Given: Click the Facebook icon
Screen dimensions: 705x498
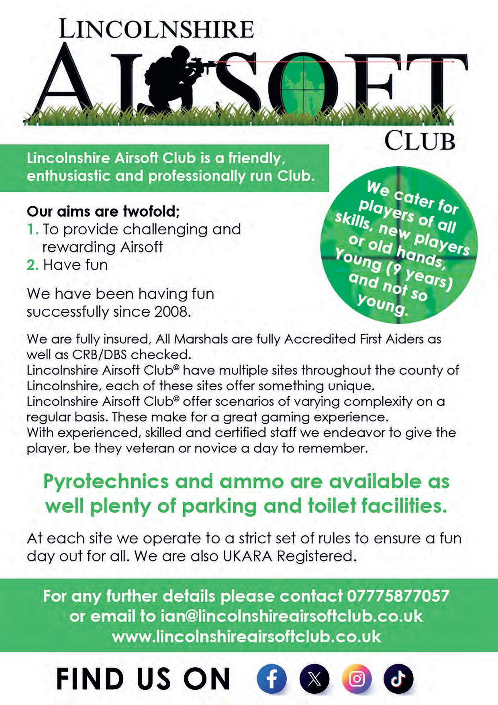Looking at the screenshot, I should [271, 679].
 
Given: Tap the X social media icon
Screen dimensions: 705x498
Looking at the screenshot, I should [314, 679].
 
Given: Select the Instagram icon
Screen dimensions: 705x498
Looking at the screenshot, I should [357, 679].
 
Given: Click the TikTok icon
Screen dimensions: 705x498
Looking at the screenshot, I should [398, 679].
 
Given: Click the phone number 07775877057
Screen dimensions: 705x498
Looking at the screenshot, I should [398, 596].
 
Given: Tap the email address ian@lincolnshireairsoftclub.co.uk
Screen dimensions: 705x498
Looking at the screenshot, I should [291, 616].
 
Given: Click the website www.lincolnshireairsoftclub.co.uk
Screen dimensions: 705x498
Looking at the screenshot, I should [246, 636].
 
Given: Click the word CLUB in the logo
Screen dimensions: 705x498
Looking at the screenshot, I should [420, 141].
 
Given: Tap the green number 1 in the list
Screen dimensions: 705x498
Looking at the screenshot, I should [32, 230].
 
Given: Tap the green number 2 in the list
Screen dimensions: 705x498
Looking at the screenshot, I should [32, 265].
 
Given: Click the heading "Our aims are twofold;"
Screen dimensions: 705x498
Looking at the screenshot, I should [103, 211].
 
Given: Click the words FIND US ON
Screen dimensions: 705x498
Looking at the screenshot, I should [143, 679].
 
